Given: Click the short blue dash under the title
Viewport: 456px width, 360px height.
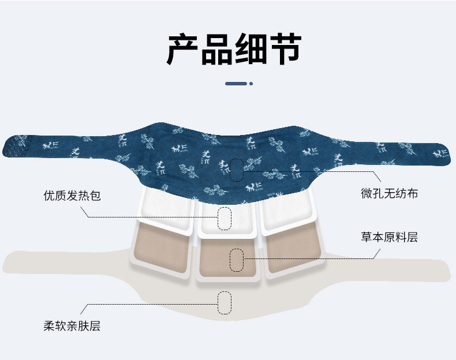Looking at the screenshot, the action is (x=236, y=84).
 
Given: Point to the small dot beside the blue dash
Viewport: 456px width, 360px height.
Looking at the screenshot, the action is (x=251, y=84).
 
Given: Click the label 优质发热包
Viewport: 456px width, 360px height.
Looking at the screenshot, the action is (x=72, y=196).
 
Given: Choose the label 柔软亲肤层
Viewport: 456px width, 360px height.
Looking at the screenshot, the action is (x=72, y=326).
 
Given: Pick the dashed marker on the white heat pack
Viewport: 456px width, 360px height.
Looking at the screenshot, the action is (x=225, y=217).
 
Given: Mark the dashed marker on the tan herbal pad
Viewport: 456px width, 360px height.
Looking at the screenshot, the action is (x=236, y=260).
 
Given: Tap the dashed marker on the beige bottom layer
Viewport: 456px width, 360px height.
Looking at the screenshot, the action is (x=225, y=302).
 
